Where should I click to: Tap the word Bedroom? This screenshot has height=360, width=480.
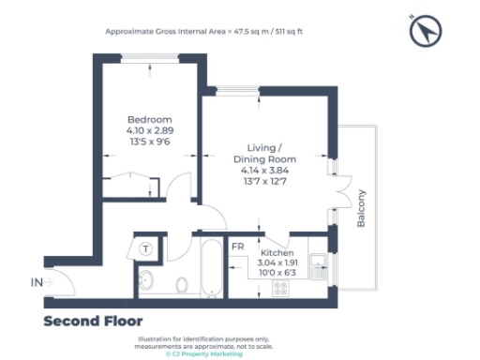coord(150,120)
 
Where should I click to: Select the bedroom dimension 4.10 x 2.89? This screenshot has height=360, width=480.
coord(150,131)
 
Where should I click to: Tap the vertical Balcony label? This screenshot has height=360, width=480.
coord(362,208)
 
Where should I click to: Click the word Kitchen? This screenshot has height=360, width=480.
coord(277,254)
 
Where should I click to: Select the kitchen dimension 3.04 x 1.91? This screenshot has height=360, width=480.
coord(277,264)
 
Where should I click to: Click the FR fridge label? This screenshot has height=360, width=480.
coord(238,247)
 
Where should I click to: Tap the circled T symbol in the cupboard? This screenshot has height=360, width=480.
coord(147,248)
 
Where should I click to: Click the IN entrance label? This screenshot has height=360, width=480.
coord(37,281)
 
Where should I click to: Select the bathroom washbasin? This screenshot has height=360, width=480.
coord(146,280)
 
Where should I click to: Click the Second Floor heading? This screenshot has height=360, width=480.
coord(93,322)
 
